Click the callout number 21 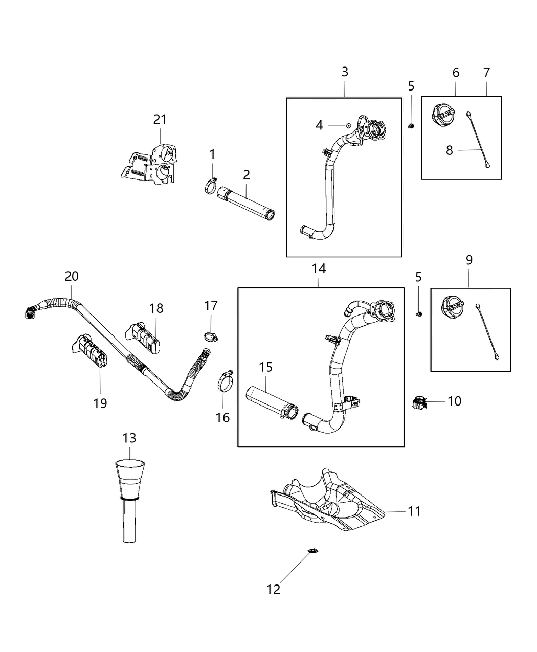coord(160,120)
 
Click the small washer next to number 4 coord(347,124)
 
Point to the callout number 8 coord(449,151)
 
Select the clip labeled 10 coord(419,402)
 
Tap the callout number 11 coord(414,511)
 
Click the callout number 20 coord(72,276)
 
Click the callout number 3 coord(345,72)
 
